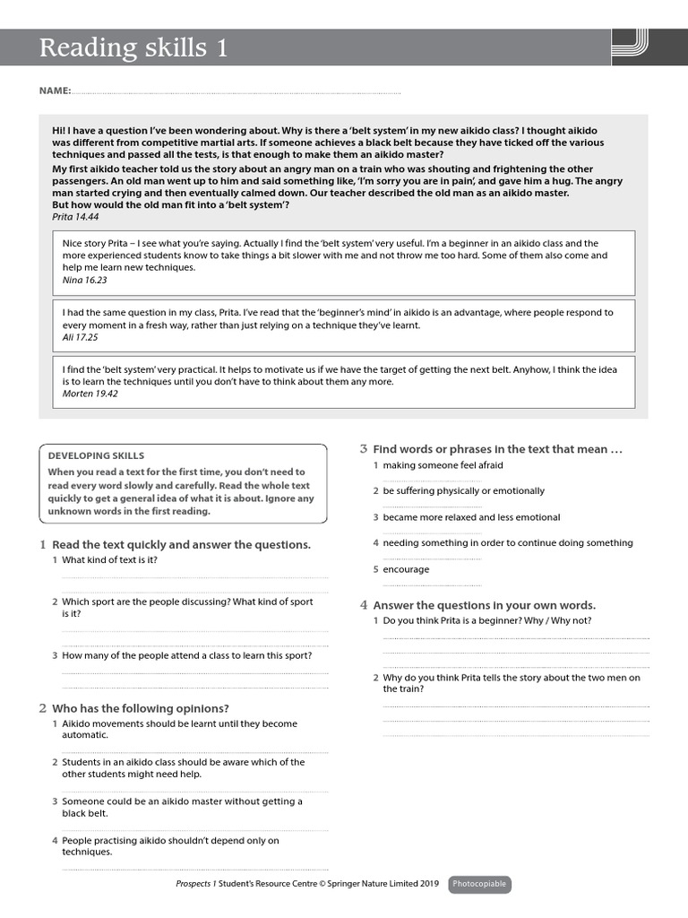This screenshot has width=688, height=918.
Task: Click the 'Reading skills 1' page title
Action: [133, 48]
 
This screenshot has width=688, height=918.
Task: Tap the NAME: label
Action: [55, 91]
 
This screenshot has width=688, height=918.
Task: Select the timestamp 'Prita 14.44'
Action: [75, 217]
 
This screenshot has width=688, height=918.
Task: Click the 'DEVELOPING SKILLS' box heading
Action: [96, 455]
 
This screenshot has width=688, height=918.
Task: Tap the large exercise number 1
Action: [43, 544]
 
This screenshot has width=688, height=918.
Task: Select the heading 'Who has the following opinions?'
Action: [141, 708]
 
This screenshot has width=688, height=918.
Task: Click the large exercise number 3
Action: [364, 448]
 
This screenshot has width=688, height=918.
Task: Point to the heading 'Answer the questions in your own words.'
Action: [484, 605]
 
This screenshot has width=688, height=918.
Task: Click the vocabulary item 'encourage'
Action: [406, 569]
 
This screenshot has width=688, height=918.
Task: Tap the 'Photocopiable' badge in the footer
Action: [479, 884]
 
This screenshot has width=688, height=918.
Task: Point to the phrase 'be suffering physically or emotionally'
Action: [463, 491]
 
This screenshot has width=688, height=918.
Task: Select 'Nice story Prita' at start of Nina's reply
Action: [94, 243]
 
